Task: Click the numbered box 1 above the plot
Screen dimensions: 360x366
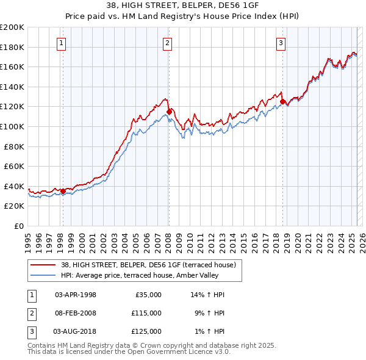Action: [62, 43]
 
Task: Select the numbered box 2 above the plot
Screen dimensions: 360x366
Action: [167, 43]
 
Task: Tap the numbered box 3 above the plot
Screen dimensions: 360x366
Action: [281, 43]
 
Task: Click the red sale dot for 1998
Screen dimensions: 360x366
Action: [63, 191]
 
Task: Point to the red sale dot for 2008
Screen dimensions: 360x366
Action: [169, 112]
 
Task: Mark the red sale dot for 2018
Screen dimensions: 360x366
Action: [282, 102]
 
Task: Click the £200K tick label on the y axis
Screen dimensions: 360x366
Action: [12, 27]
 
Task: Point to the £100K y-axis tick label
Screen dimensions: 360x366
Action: [12, 126]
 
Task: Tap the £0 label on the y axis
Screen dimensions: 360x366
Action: [18, 226]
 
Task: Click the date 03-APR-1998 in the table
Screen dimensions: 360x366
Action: [76, 295]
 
